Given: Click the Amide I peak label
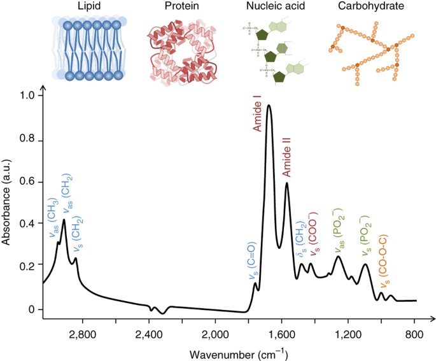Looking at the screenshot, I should coord(258,114).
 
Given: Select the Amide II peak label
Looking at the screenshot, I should coord(286,161).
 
